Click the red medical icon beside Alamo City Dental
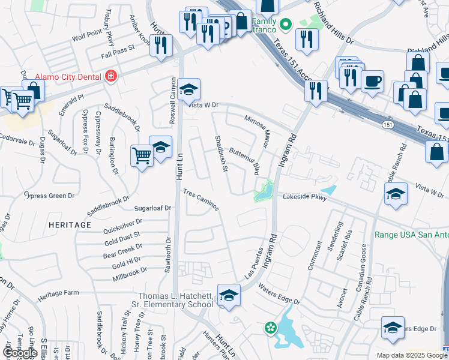click(110, 76)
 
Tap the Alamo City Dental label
click(68, 77)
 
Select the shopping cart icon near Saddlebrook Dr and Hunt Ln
click(142, 155)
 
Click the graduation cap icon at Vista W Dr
click(188, 89)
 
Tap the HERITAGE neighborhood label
click(70, 224)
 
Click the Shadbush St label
click(221, 152)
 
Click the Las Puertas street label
click(254, 263)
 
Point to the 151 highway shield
click(389, 123)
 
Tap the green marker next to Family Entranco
click(286, 25)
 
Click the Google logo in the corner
click(20, 353)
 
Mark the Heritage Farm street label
click(58, 293)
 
